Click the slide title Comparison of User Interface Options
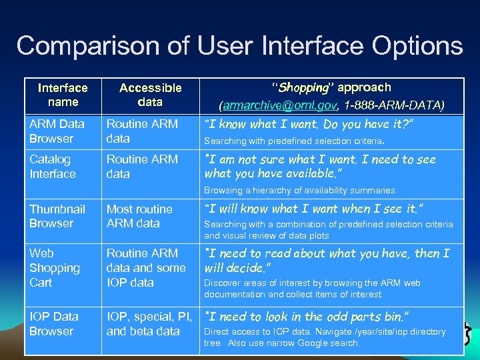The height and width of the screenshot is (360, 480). [x=239, y=46]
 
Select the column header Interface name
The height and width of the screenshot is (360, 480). [x=63, y=95]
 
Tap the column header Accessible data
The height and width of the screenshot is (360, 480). [x=150, y=95]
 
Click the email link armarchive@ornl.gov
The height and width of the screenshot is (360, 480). [x=280, y=105]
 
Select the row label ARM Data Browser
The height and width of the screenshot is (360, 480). [x=57, y=131]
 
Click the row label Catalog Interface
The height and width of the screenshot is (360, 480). [x=53, y=167]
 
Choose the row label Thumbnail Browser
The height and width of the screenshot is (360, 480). [x=57, y=216]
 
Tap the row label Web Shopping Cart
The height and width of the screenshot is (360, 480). [x=55, y=267]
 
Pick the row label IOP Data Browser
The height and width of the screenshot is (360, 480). [x=54, y=323]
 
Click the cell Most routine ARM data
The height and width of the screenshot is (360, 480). [x=139, y=216]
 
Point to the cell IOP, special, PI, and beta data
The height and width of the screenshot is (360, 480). [x=149, y=323]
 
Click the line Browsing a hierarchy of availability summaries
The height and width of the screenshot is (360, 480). [x=300, y=191]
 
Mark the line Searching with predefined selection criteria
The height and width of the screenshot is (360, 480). [x=293, y=141]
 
